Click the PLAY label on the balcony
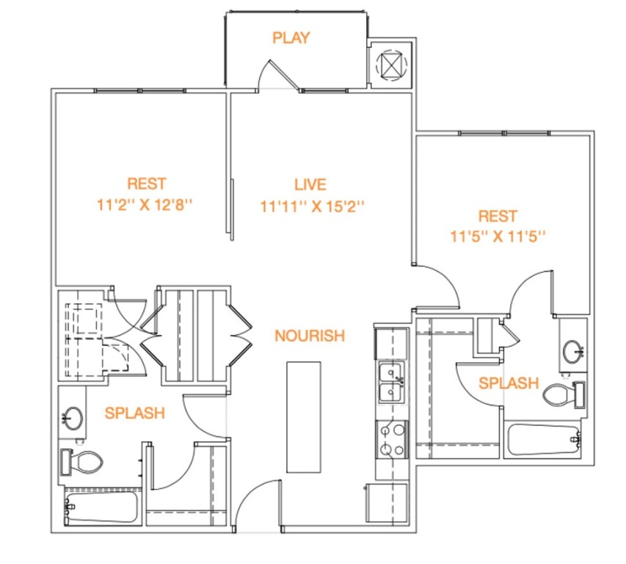(x=291, y=37)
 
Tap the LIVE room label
(x=310, y=185)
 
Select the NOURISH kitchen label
(x=309, y=336)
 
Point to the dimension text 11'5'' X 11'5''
(x=497, y=237)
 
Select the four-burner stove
(x=391, y=439)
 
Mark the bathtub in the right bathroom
(x=544, y=439)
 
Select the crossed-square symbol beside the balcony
(x=390, y=65)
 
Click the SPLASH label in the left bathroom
(x=134, y=413)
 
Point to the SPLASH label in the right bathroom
(x=509, y=383)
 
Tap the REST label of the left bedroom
(x=146, y=184)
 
